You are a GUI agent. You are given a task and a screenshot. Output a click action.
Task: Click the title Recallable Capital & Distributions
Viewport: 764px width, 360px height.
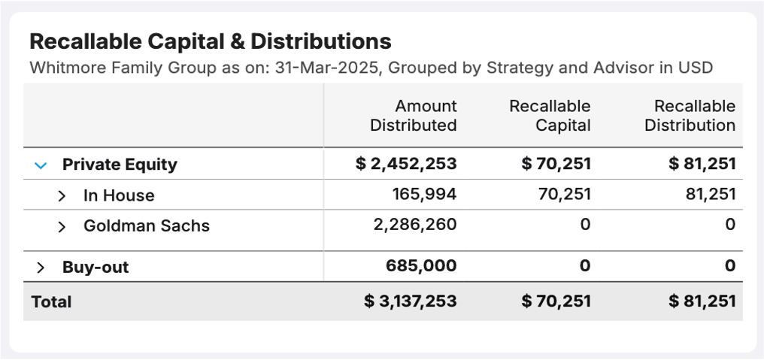(x=211, y=41)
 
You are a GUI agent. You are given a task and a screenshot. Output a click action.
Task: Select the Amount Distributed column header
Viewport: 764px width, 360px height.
(x=413, y=116)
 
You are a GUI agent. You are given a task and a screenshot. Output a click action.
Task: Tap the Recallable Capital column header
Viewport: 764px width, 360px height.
(x=550, y=116)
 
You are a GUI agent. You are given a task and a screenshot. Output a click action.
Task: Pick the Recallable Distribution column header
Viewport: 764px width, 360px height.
(x=690, y=116)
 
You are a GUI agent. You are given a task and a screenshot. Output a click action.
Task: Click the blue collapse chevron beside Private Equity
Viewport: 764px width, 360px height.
(x=41, y=165)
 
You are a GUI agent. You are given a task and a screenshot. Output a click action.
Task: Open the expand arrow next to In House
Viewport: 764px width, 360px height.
(x=62, y=195)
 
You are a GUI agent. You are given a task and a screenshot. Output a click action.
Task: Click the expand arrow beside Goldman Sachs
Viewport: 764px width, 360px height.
(x=62, y=226)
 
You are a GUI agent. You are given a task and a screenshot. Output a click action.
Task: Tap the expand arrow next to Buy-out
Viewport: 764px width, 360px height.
(x=41, y=268)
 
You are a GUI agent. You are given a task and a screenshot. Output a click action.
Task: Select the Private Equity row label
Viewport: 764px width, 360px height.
(x=120, y=165)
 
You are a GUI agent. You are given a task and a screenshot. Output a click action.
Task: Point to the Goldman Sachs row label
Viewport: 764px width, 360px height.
(x=147, y=225)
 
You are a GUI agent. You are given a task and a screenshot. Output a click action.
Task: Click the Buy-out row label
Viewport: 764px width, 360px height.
(x=95, y=267)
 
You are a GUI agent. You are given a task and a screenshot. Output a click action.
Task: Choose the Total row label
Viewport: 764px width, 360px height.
(x=52, y=302)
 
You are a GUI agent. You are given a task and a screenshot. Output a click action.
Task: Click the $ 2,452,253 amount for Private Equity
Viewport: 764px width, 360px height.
(x=406, y=164)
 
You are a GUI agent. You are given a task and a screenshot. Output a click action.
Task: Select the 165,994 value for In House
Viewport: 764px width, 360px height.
(x=424, y=195)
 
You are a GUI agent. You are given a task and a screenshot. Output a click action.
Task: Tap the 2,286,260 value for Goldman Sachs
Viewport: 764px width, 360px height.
(x=415, y=225)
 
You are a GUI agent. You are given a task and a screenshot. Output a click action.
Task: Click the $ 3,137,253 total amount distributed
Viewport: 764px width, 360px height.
(x=411, y=301)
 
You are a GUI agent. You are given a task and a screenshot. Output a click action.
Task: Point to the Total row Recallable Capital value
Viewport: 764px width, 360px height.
(x=556, y=301)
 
